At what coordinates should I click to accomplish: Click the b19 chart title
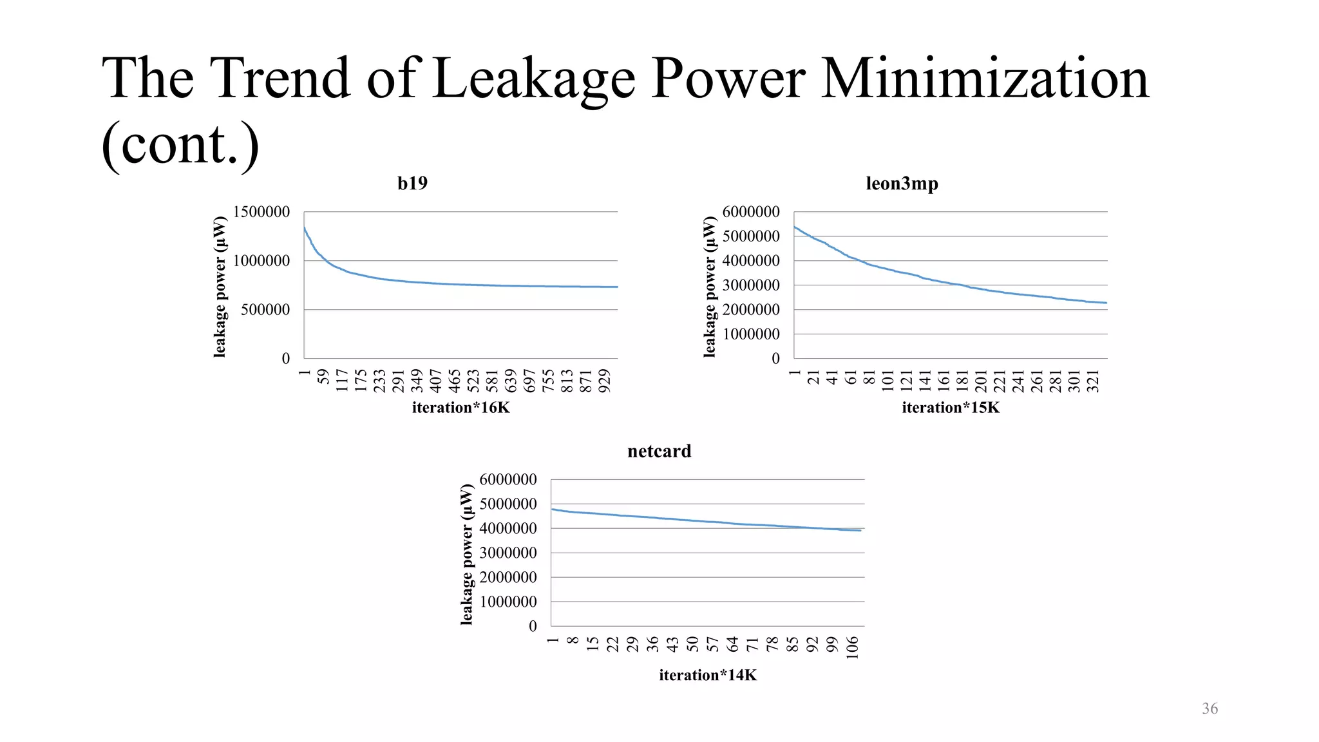tap(412, 184)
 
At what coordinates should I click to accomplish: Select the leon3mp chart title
tap(902, 184)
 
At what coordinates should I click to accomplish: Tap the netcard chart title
tap(659, 452)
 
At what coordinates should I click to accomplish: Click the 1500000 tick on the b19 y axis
tap(261, 212)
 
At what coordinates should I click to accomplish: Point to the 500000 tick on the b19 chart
tap(265, 310)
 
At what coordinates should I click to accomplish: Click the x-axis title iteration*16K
tap(460, 408)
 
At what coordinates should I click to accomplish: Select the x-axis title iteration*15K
tap(951, 408)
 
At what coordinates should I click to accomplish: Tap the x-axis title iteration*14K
tap(707, 676)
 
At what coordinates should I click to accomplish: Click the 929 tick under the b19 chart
tap(604, 380)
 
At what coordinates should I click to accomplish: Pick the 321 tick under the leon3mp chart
tap(1093, 380)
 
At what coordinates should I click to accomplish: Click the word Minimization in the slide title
tap(985, 79)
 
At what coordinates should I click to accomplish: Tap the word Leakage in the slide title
tap(533, 79)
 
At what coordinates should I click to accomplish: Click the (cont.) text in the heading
tap(180, 144)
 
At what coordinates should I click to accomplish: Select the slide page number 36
tap(1210, 709)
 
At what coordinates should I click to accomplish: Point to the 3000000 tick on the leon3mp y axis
tap(750, 285)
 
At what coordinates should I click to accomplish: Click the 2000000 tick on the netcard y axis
tap(508, 578)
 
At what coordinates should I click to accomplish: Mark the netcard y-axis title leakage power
tap(467, 554)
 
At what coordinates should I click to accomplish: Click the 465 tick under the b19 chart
tap(454, 380)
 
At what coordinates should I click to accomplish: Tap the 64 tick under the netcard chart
tap(732, 643)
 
